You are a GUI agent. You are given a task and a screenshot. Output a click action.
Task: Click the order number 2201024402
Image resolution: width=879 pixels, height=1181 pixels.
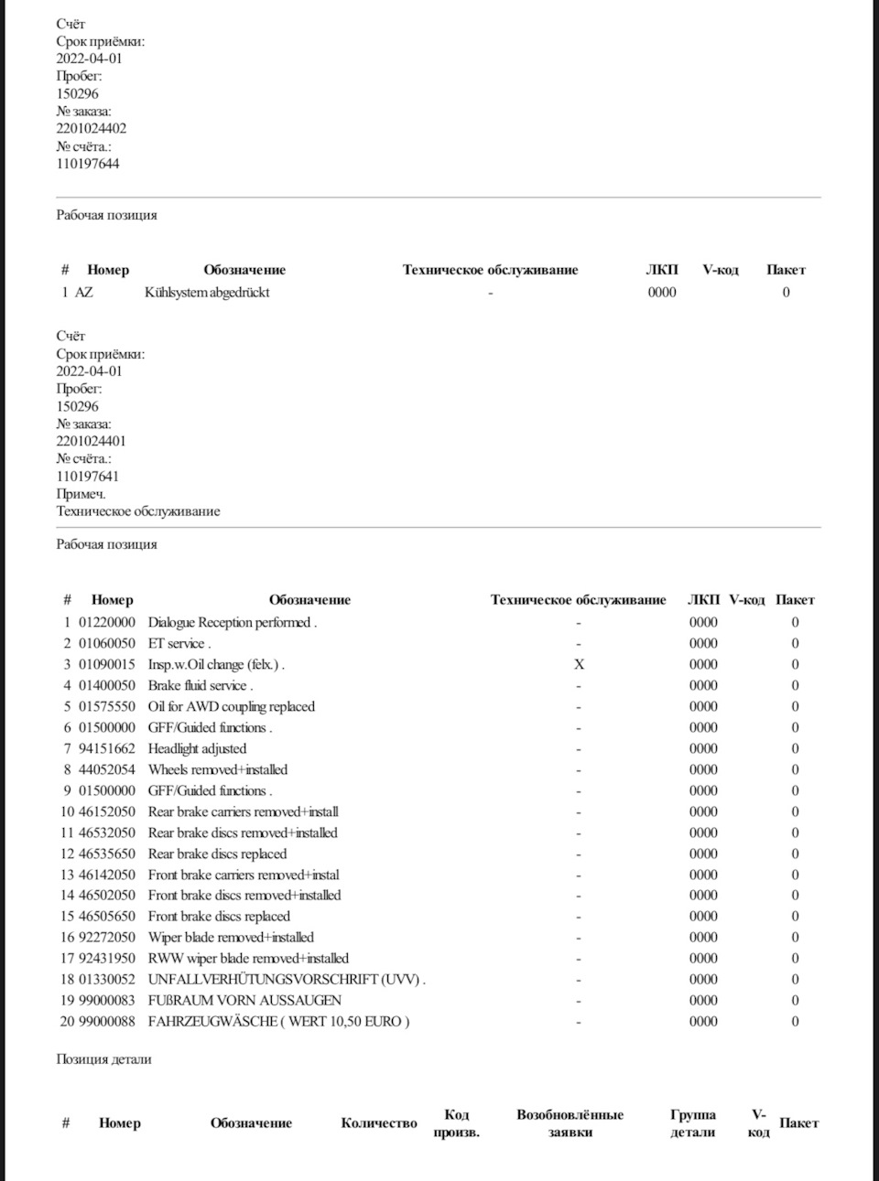[92, 129]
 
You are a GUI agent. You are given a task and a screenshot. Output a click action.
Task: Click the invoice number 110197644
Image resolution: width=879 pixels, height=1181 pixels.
[88, 164]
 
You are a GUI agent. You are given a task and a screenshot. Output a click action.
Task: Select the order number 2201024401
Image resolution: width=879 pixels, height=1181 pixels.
[92, 441]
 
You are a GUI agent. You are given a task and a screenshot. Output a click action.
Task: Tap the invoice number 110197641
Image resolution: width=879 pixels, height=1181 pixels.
[88, 476]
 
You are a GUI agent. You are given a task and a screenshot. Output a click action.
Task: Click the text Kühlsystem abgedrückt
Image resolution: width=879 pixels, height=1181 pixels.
[207, 293]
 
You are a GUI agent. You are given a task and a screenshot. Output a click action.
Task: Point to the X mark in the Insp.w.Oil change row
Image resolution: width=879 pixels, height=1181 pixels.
[579, 664]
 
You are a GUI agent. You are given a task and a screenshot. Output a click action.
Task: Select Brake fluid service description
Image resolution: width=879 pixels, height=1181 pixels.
[200, 685]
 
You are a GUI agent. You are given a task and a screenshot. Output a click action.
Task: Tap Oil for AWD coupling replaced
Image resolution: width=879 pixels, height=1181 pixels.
[231, 706]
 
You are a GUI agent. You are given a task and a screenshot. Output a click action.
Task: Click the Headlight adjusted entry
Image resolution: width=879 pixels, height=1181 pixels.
[197, 748]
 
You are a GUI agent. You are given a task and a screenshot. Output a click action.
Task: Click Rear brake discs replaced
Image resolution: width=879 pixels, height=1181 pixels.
[217, 854]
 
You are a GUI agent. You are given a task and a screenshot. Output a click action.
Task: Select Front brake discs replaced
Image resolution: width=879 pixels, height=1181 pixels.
[219, 916]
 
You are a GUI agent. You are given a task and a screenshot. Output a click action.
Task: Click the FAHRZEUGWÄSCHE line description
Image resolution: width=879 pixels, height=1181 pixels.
[278, 1021]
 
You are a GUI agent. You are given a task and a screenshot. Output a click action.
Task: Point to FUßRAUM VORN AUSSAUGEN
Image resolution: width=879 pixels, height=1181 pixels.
[244, 1000]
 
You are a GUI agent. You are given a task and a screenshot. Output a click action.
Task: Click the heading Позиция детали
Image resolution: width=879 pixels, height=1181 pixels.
[103, 1059]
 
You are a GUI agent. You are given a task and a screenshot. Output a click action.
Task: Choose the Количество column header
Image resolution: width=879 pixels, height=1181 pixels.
[379, 1123]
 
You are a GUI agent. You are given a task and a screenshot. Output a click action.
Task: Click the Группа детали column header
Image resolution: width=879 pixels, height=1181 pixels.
[693, 1123]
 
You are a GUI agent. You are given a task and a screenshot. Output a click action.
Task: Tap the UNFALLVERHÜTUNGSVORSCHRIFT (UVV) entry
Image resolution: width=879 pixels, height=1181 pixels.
[286, 979]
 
